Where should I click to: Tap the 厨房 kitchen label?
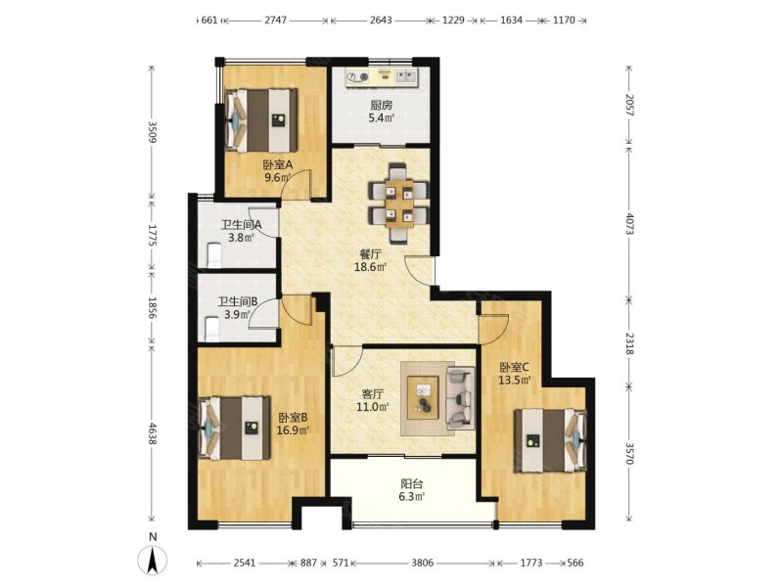coord(381,106)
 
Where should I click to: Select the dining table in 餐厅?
coord(398,203)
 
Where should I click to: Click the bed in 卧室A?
coord(261,120)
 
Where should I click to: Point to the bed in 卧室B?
coord(235,428)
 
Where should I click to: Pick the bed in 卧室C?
coord(550,440)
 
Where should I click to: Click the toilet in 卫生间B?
coord(212,330)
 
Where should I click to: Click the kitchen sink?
coord(406,76)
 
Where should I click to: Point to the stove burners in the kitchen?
coord(358,77)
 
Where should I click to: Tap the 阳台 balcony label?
coord(412,483)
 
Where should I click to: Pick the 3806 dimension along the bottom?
coord(423,564)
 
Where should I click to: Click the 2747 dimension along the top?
coord(275,21)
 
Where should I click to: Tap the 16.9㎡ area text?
coord(293,429)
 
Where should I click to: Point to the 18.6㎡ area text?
coord(371,267)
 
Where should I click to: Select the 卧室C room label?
coord(515,368)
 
